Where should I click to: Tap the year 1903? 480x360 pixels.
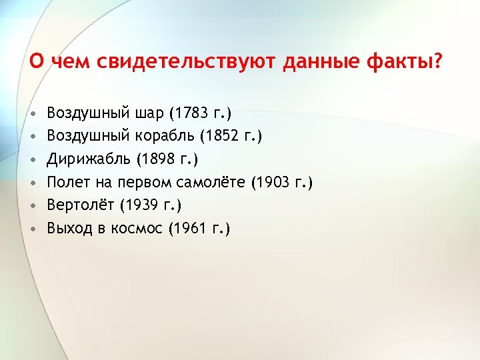(273, 182)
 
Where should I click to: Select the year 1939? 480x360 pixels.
(141, 205)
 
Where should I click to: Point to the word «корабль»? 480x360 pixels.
(163, 136)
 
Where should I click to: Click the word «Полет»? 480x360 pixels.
(70, 182)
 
